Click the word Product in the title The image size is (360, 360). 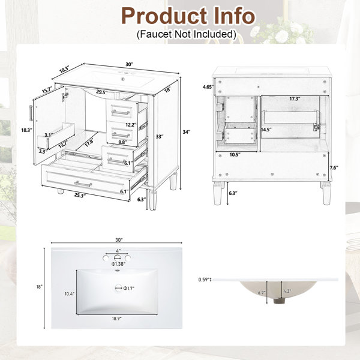(164, 16)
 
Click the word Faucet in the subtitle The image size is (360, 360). (154, 34)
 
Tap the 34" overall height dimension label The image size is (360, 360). (187, 132)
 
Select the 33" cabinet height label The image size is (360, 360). (160, 137)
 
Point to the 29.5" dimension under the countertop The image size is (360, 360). (102, 92)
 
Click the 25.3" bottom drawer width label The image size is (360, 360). (80, 196)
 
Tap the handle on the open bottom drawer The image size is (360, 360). (83, 184)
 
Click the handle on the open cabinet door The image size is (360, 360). (31, 113)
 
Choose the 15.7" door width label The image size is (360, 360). (47, 91)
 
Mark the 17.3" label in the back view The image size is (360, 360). (295, 99)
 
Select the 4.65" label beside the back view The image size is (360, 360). (208, 87)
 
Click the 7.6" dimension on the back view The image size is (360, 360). (334, 167)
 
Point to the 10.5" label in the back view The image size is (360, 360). (235, 155)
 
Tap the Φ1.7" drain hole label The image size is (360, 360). (129, 288)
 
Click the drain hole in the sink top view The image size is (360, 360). (118, 287)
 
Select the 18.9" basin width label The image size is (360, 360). (116, 319)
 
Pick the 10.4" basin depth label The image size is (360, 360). (70, 293)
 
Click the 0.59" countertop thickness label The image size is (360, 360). (205, 280)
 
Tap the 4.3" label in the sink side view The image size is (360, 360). (287, 291)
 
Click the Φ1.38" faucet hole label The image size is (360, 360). (118, 264)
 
